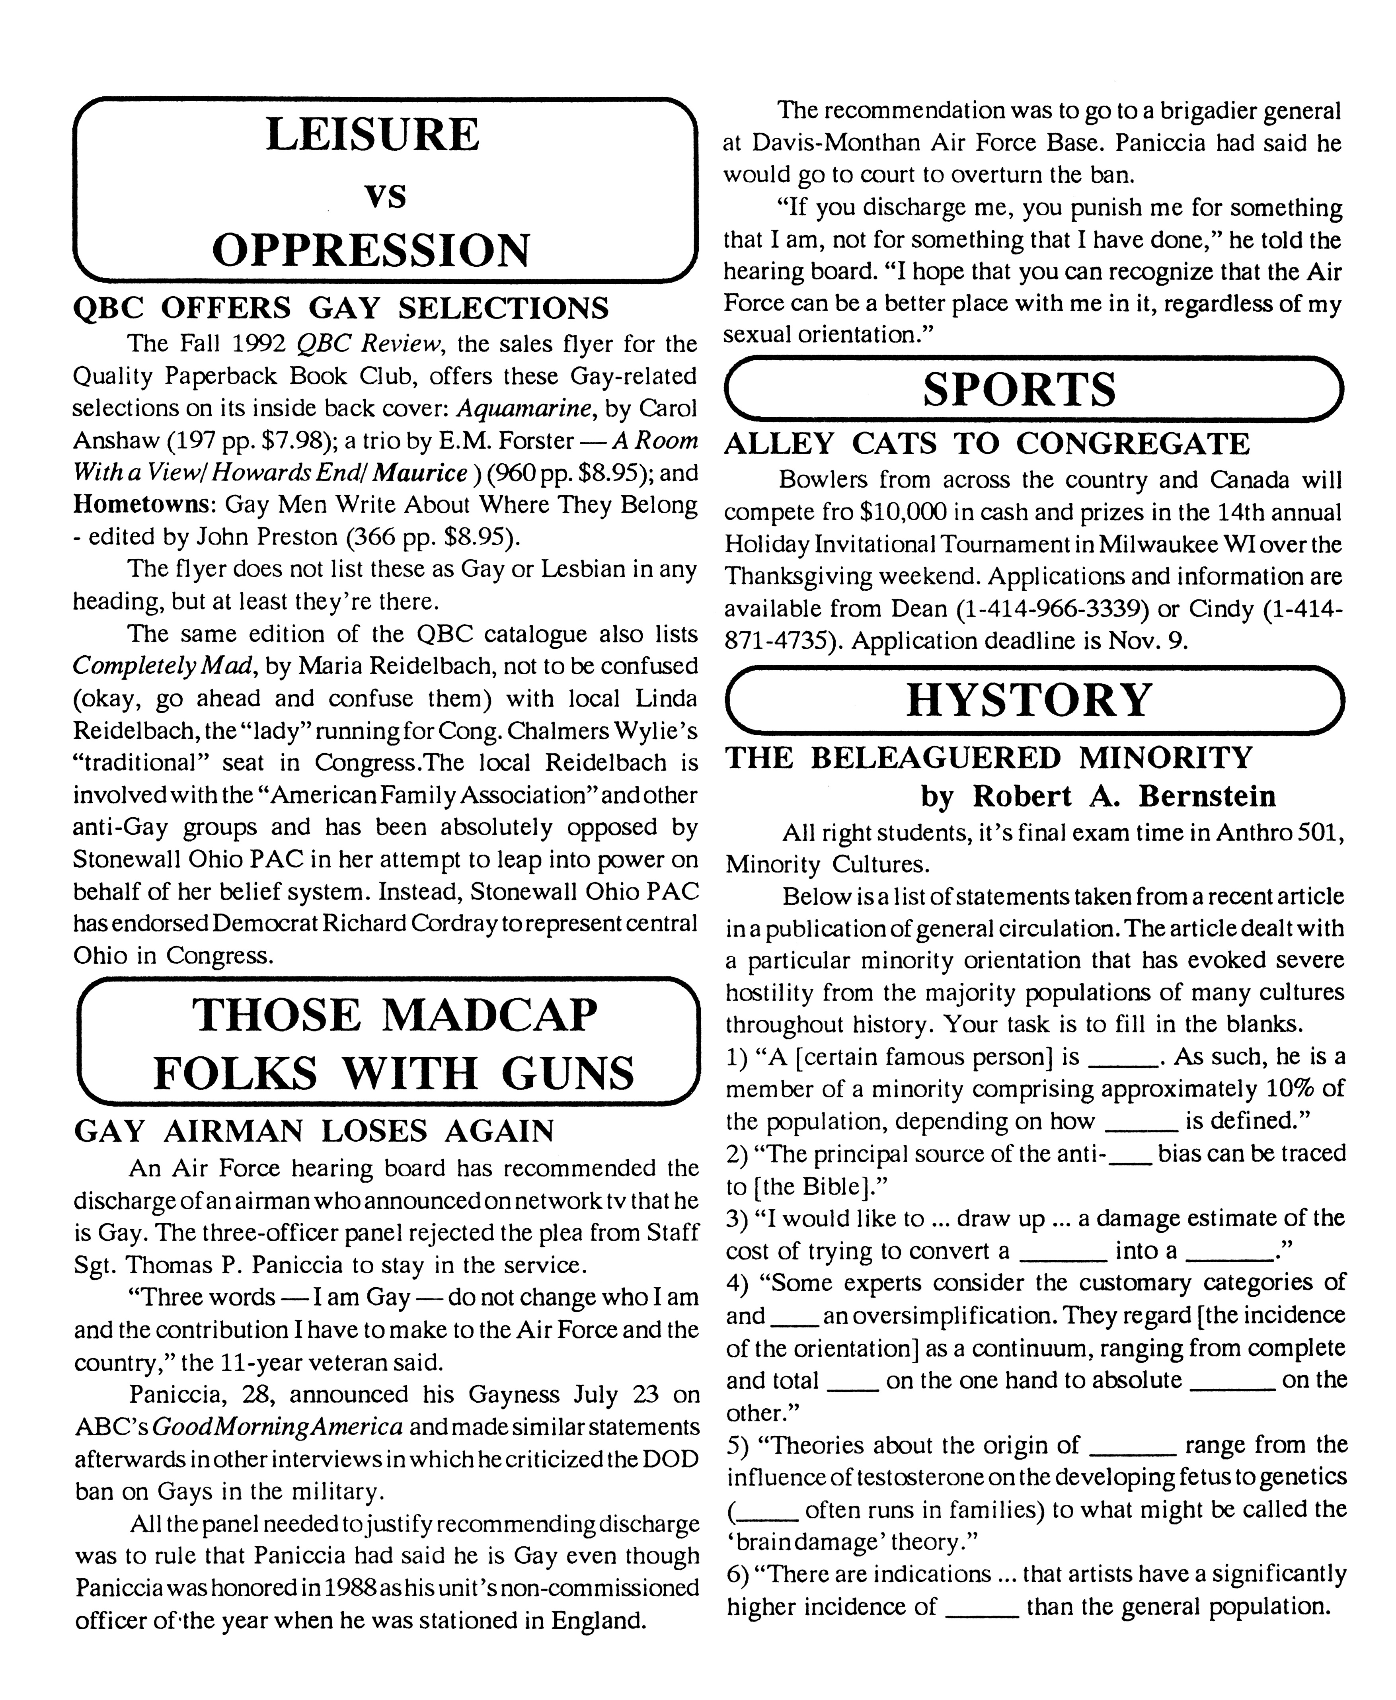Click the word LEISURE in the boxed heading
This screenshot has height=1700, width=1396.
pos(372,135)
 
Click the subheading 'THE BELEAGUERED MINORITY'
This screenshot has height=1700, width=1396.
pos(989,758)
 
